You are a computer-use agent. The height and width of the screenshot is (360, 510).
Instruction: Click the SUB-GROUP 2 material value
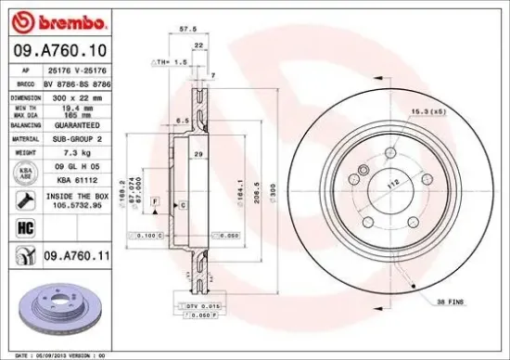click(x=82, y=136)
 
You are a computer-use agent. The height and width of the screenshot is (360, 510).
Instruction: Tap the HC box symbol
click(x=25, y=226)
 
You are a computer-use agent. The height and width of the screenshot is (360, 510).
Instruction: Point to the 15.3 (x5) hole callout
click(x=427, y=112)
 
